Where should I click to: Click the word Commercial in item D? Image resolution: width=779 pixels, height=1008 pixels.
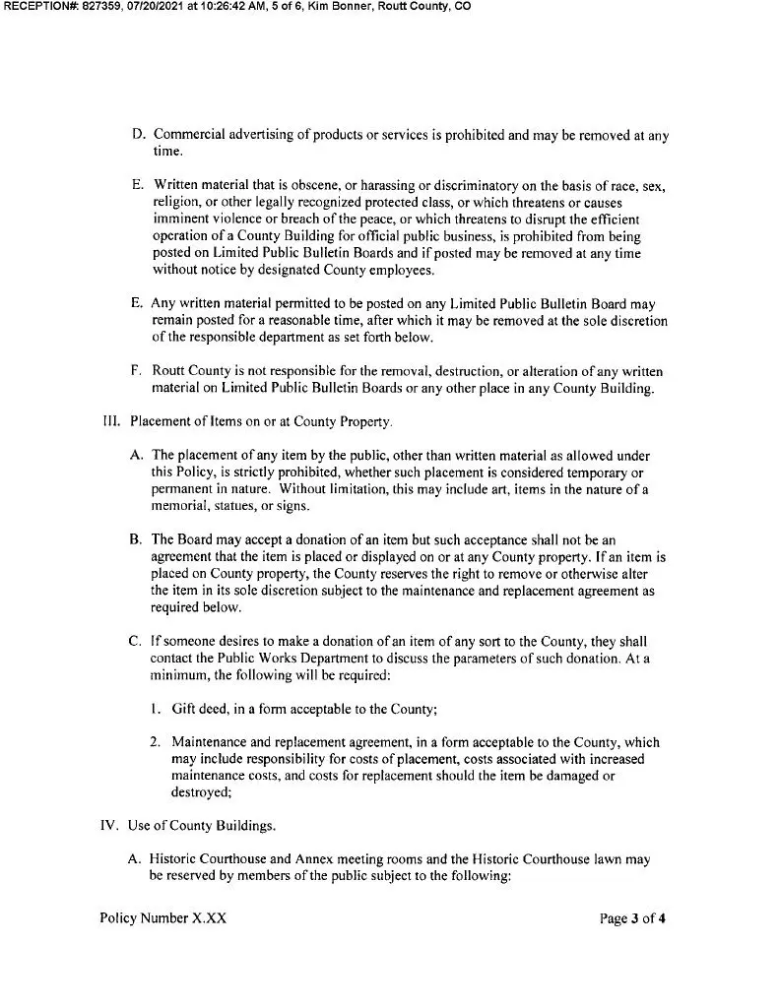(188, 135)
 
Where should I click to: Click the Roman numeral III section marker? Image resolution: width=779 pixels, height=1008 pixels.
(110, 422)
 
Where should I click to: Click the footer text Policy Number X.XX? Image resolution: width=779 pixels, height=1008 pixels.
(163, 918)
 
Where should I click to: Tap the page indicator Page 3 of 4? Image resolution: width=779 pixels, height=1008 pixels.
(633, 919)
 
